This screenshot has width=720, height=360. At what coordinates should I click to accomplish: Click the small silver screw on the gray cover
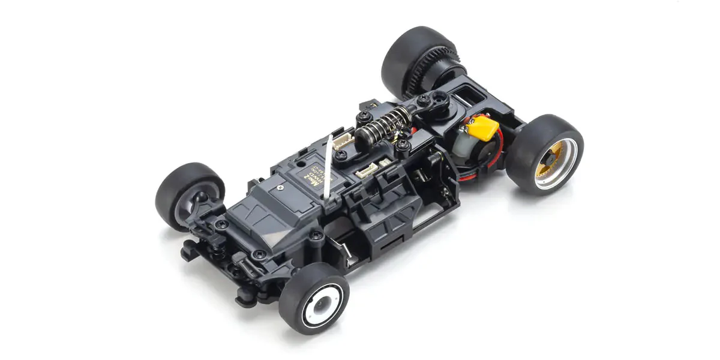click(280, 187)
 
